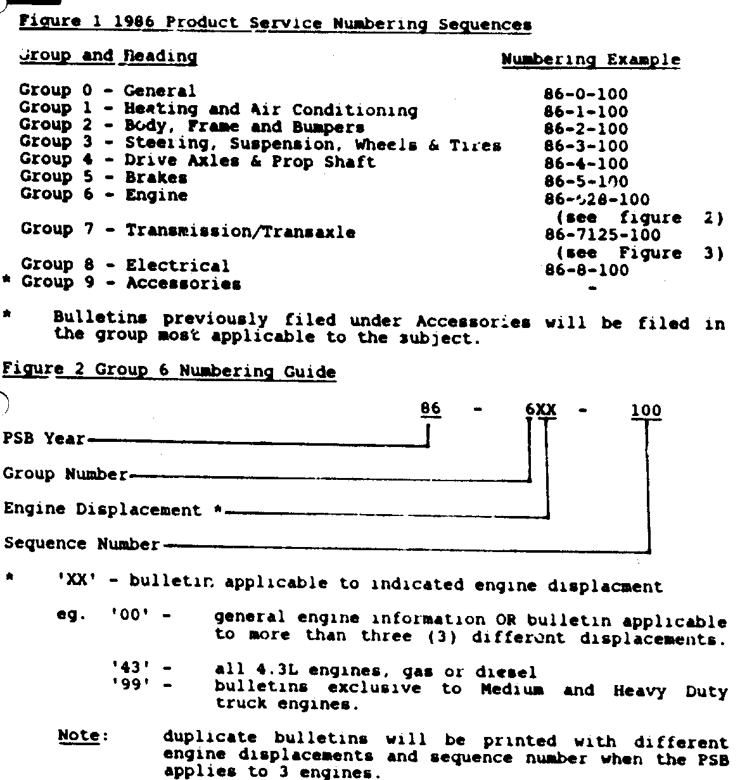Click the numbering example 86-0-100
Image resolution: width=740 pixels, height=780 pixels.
(585, 95)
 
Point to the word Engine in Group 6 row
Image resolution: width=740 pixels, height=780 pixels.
(156, 195)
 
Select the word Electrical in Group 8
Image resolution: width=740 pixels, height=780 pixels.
(177, 266)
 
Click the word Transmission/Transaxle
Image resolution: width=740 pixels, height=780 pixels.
(240, 232)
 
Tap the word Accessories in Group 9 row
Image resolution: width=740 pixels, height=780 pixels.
(184, 284)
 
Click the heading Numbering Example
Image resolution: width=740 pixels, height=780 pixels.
(590, 60)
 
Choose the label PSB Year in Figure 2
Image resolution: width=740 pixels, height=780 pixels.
(44, 439)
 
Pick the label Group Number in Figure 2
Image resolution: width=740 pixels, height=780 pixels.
(66, 474)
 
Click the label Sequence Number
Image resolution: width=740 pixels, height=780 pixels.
(82, 544)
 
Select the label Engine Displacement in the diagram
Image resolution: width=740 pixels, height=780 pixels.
(103, 510)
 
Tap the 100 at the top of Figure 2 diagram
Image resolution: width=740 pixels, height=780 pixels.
(646, 411)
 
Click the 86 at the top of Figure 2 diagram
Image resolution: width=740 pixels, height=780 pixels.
(430, 409)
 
